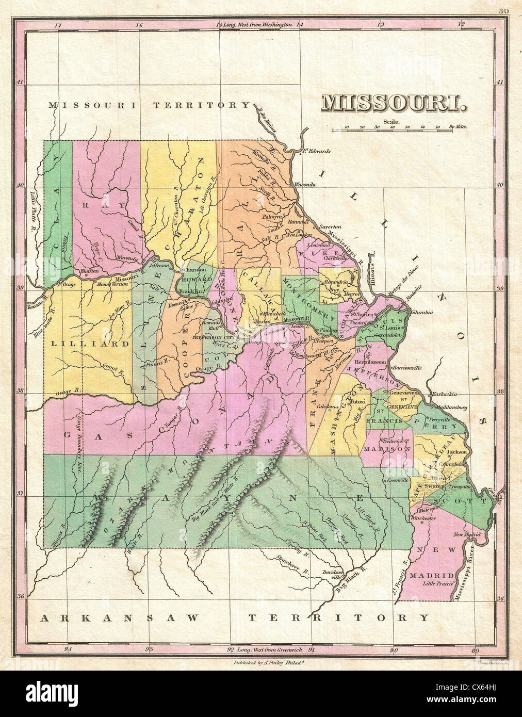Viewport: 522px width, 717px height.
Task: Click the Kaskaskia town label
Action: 444,394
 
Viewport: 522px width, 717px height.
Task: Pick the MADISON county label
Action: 388,449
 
